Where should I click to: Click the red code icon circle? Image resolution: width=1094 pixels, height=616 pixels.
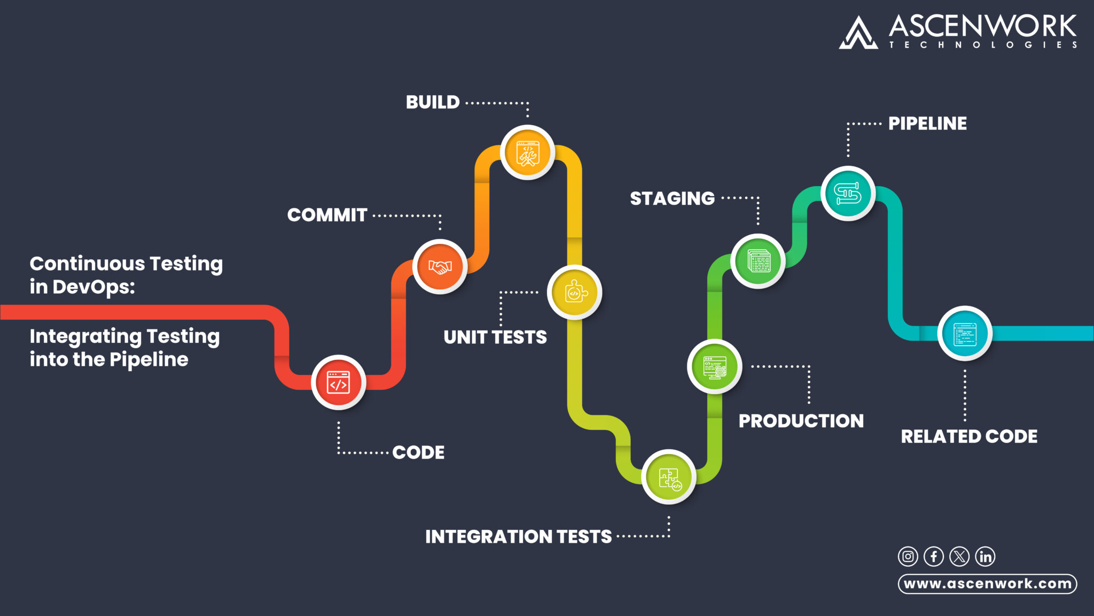pyautogui.click(x=338, y=382)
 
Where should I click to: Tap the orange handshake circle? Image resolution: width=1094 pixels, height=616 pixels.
pyautogui.click(x=440, y=266)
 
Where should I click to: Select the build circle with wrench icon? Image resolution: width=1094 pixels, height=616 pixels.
pyautogui.click(x=527, y=153)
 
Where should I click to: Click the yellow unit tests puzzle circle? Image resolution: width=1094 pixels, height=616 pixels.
pyautogui.click(x=574, y=292)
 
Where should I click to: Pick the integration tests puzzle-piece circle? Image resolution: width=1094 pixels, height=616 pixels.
pyautogui.click(x=669, y=477)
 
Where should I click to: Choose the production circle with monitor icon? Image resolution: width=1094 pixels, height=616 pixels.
pyautogui.click(x=714, y=367)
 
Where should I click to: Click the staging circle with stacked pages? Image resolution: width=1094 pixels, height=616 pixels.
pyautogui.click(x=758, y=261)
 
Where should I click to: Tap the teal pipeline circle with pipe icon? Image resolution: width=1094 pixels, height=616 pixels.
pyautogui.click(x=848, y=194)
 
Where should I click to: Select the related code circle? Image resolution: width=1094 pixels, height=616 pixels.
pyautogui.click(x=965, y=334)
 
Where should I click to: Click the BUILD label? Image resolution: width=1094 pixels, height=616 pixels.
pyautogui.click(x=433, y=102)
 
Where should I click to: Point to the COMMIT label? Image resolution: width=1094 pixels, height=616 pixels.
pyautogui.click(x=327, y=215)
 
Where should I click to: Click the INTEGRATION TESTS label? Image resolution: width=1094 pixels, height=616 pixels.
pyautogui.click(x=518, y=536)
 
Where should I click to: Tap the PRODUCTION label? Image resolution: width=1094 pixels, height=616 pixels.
pyautogui.click(x=801, y=421)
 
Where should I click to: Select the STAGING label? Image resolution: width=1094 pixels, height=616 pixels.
pyautogui.click(x=672, y=198)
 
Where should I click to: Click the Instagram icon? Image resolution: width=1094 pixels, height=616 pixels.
pyautogui.click(x=908, y=557)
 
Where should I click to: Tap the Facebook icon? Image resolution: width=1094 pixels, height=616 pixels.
pyautogui.click(x=934, y=557)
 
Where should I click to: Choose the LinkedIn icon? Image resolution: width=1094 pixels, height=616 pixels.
pyautogui.click(x=986, y=557)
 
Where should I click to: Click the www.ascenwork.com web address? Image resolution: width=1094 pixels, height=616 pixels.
pyautogui.click(x=987, y=583)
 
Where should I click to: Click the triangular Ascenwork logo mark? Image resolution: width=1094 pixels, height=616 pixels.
pyautogui.click(x=858, y=33)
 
